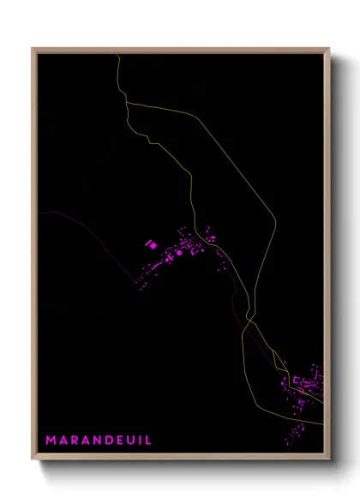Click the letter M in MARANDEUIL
(51, 440)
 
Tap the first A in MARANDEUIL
(64, 440)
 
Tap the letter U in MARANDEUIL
(134, 440)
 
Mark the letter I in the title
(142, 440)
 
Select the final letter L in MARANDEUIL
(149, 440)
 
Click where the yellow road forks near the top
(129, 103)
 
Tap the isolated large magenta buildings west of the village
(151, 245)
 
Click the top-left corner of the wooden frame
(33, 49)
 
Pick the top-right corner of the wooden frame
(329, 49)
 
